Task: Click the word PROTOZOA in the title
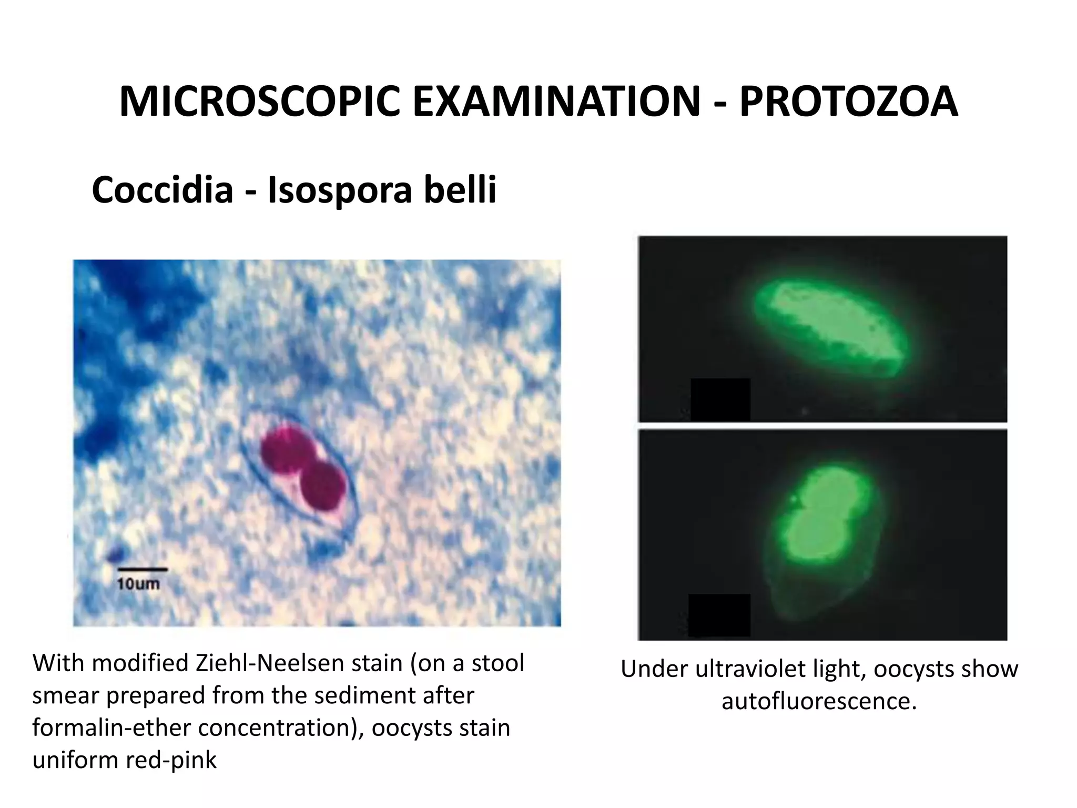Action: pos(848,101)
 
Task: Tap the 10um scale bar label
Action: pos(138,584)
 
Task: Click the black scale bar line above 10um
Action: pos(142,569)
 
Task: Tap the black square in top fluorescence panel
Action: pos(720,399)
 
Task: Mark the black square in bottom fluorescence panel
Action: pos(719,615)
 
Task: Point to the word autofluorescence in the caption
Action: pos(819,701)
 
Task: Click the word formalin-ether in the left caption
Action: pos(112,728)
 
